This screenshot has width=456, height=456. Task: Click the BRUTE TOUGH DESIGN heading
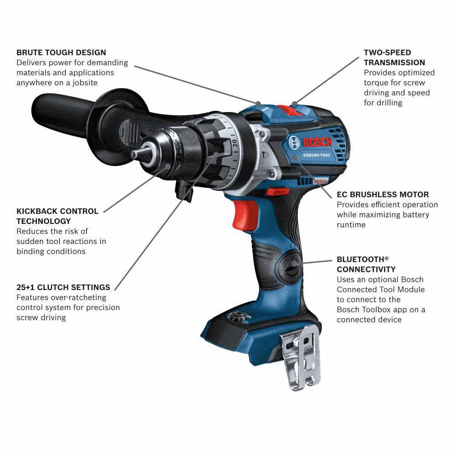coord(61,52)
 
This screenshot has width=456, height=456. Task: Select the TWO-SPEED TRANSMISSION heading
coord(394,57)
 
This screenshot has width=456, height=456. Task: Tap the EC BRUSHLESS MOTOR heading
coord(383,195)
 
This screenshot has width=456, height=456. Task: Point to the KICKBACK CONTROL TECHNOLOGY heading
coord(57,216)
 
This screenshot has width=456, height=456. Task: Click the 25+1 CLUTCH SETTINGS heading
coord(63,287)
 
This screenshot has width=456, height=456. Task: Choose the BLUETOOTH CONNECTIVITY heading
coord(366,264)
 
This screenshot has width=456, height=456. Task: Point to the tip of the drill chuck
coord(135,155)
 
